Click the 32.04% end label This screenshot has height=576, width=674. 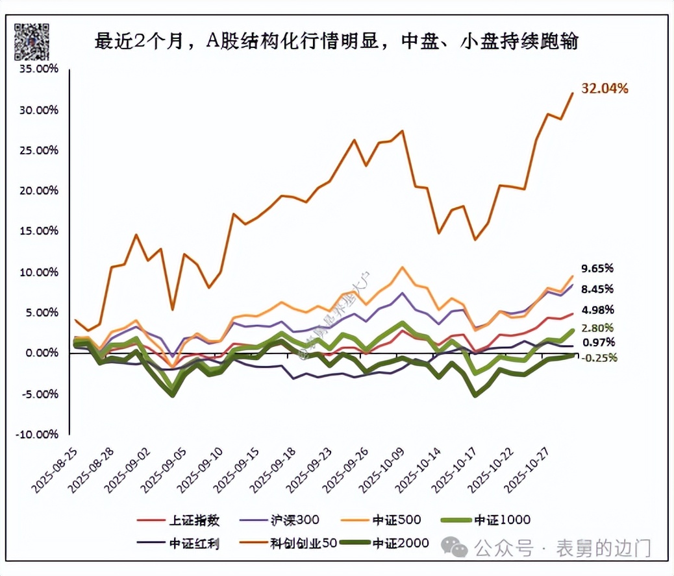(605, 89)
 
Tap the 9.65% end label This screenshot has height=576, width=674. (597, 268)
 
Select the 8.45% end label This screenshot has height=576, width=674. (597, 289)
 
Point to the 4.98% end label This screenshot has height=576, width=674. (597, 309)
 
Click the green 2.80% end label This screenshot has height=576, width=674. (597, 328)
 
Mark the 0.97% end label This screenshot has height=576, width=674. (597, 342)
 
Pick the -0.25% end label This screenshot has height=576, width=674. (597, 357)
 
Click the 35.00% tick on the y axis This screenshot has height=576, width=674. (39, 69)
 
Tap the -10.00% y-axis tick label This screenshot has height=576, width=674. (38, 434)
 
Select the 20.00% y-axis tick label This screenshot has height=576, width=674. (39, 191)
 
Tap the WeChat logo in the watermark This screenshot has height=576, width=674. (459, 549)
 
